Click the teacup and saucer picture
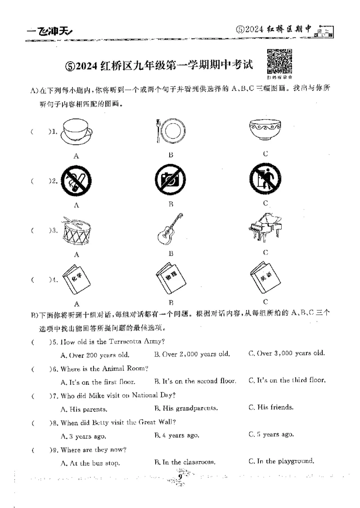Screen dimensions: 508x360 [76, 131]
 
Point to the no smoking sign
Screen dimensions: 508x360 [76, 181]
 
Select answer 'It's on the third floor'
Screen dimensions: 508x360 [287, 380]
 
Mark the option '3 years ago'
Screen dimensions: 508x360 [83, 436]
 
